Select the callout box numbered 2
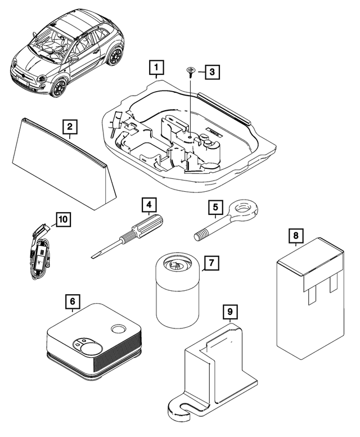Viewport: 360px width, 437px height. [x=69, y=127]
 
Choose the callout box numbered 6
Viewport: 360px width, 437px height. [x=72, y=301]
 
